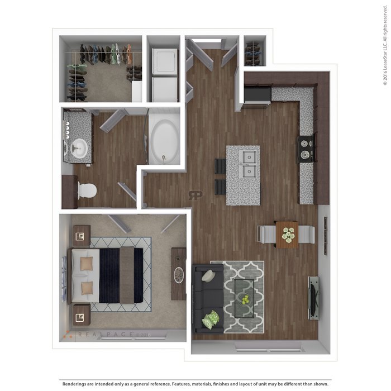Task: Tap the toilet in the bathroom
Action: [87, 191]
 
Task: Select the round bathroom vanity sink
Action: [78, 148]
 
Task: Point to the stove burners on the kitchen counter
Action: [306, 149]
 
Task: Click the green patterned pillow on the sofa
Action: [210, 320]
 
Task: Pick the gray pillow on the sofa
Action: [208, 276]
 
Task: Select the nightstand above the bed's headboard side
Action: [81, 236]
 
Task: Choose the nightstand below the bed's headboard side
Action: [81, 316]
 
